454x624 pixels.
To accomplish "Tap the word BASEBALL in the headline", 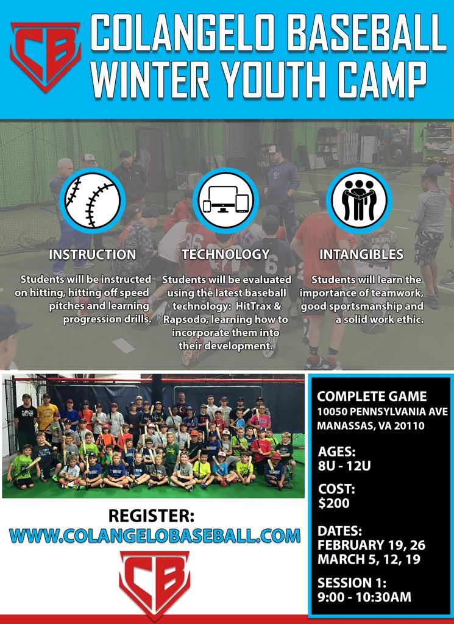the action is [366, 32].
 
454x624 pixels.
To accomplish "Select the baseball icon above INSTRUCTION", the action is [92, 200].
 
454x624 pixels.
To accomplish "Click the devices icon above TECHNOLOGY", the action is [225, 200].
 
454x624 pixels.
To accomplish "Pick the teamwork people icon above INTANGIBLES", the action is [359, 200].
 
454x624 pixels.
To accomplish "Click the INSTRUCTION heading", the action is [92, 255].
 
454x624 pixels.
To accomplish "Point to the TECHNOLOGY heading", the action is [225, 255].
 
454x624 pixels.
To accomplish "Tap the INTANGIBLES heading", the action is [361, 255].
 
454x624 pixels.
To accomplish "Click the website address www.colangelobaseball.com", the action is [155, 536].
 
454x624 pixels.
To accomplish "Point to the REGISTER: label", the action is [152, 516].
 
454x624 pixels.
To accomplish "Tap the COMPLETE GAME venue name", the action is [372, 396].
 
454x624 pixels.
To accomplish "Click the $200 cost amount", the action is [333, 503].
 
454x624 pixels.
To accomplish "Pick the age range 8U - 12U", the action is [344, 466].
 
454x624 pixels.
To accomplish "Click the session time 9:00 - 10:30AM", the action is [364, 597].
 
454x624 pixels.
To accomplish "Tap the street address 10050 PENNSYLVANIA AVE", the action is [382, 411].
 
